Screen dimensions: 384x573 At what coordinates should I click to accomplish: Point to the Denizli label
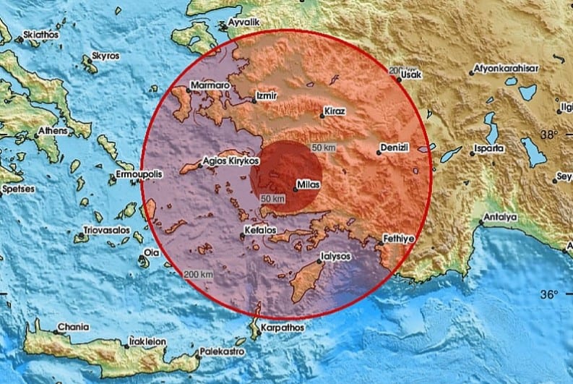pyautogui.click(x=395, y=148)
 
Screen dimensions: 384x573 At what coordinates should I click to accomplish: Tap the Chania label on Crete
pyautogui.click(x=74, y=326)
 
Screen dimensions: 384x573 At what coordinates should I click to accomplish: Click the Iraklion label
pyautogui.click(x=148, y=341)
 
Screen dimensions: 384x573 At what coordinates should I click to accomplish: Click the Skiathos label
pyautogui.click(x=40, y=34)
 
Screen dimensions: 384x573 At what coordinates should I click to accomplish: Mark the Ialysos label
pyautogui.click(x=335, y=256)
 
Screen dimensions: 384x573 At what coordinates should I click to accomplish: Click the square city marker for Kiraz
pyautogui.click(x=322, y=116)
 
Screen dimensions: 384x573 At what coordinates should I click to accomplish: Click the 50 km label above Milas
pyautogui.click(x=324, y=148)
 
